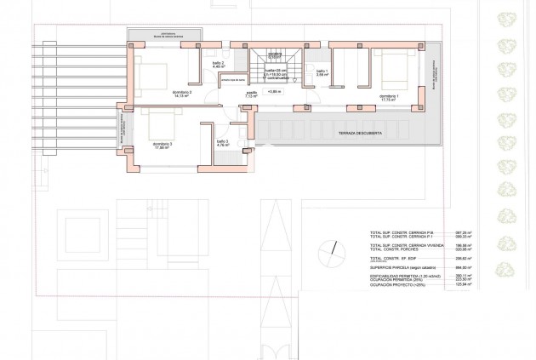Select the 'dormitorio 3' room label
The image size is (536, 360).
click(x=163, y=146)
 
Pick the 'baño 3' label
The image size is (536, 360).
click(x=222, y=144)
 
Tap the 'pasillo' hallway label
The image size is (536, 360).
click(x=252, y=95)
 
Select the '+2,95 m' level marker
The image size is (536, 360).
click(x=274, y=91)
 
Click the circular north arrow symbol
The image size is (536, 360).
click(x=328, y=249)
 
